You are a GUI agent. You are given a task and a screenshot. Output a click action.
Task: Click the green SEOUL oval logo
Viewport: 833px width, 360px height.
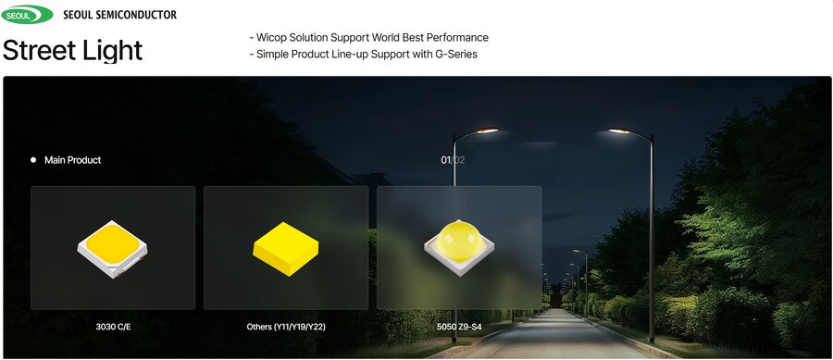tap(27, 15)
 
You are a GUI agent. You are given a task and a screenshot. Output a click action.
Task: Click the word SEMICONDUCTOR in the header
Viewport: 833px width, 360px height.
tap(138, 15)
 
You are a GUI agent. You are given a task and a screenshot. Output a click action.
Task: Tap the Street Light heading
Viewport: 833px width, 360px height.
tap(73, 51)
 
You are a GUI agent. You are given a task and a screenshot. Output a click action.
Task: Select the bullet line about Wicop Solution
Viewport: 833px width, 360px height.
tap(368, 38)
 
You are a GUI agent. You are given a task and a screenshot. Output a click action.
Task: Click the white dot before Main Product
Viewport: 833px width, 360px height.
tap(33, 160)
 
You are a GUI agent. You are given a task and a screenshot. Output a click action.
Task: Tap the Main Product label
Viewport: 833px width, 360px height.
tap(73, 160)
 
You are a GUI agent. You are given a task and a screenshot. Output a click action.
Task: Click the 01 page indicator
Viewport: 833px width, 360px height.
tap(446, 160)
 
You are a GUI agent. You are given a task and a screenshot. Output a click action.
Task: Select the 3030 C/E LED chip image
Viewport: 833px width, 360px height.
tap(113, 249)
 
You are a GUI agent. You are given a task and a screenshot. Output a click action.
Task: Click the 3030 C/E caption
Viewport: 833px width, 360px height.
tap(113, 327)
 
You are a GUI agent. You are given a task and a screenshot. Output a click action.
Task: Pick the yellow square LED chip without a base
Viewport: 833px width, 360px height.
tap(286, 249)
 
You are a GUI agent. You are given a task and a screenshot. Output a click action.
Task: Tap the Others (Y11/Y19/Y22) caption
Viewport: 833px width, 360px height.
tap(286, 327)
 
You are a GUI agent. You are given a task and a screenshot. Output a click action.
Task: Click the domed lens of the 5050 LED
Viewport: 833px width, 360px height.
tap(459, 240)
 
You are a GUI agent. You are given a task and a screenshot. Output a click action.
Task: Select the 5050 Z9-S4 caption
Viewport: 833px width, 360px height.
tap(459, 327)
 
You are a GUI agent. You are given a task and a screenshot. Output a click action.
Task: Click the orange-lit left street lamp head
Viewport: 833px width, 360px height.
tap(487, 130)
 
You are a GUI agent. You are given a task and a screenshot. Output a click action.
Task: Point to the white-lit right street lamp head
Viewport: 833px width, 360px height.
tap(619, 130)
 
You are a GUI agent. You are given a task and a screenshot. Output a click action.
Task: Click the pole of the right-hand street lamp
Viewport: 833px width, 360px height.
tap(652, 239)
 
